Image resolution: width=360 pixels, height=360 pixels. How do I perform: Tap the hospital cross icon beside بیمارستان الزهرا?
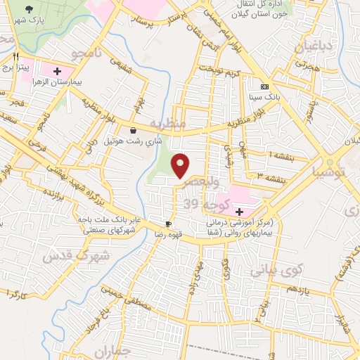(57, 71)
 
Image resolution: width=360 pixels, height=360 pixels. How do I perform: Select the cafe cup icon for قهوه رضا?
(168, 224)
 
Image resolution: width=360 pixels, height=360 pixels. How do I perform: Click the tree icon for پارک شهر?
(29, 8)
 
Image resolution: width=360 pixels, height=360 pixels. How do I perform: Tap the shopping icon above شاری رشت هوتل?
(133, 129)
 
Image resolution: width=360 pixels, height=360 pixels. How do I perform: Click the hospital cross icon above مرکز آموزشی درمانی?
(238, 211)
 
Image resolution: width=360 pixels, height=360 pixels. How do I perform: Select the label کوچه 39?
(200, 204)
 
